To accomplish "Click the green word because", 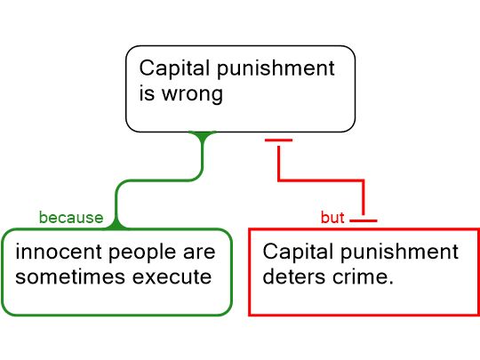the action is pos(71,218).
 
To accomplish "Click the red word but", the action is pos(332,218).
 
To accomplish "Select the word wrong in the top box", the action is pos(192,94).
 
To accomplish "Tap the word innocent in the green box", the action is pos(59,252).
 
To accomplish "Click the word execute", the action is pos(172,277).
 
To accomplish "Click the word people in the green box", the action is pos(142,252).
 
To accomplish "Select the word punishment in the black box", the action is pos(276,68).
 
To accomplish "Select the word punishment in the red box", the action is pos(399,252).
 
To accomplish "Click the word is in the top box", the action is pos(147,93).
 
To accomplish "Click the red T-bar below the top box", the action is pos(278,140).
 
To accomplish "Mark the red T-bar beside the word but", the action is pos(364,220).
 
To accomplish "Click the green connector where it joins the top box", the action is pos(203,133).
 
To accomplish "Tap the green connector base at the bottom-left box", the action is pos(116,226).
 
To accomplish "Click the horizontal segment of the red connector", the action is pos(321,180).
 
